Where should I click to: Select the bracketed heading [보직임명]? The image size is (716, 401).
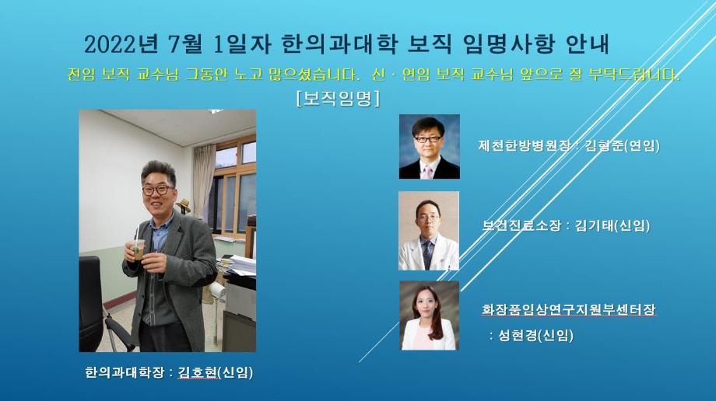point(338,99)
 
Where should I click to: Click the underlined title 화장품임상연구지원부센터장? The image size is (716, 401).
point(569,309)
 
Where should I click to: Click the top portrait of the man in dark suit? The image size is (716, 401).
point(429,147)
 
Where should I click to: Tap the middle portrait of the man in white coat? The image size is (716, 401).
point(428,231)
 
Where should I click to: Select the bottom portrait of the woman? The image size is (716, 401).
point(429,315)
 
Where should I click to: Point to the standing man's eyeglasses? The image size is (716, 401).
point(159,189)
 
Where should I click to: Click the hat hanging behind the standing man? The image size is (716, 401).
point(184,206)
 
